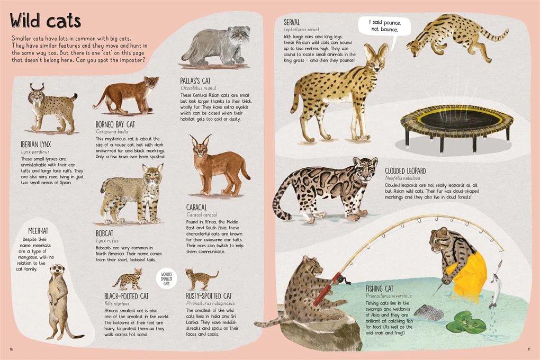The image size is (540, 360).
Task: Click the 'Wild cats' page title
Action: tap(45, 21)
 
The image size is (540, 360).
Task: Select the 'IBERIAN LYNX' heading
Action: tap(36, 145)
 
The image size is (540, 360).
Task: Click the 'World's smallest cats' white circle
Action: tap(167, 278)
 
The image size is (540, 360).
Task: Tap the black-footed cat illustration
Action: tap(128, 279)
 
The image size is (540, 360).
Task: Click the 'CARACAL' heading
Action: tap(196, 208)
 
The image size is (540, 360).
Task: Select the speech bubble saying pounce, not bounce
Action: tap(385, 26)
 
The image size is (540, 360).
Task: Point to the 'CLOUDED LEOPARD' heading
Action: tap(406, 171)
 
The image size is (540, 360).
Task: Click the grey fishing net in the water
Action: tap(429, 312)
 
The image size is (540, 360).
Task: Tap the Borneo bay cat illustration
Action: tap(126, 95)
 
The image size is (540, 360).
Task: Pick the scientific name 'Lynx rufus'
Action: tap(107, 241)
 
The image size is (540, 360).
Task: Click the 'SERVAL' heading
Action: tap(292, 22)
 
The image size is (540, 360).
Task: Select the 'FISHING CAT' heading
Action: tap(379, 289)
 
